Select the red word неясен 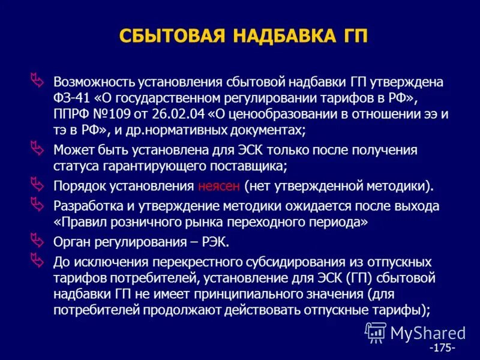click(x=218, y=186)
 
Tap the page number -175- click(x=442, y=347)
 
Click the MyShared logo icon click(x=375, y=332)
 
